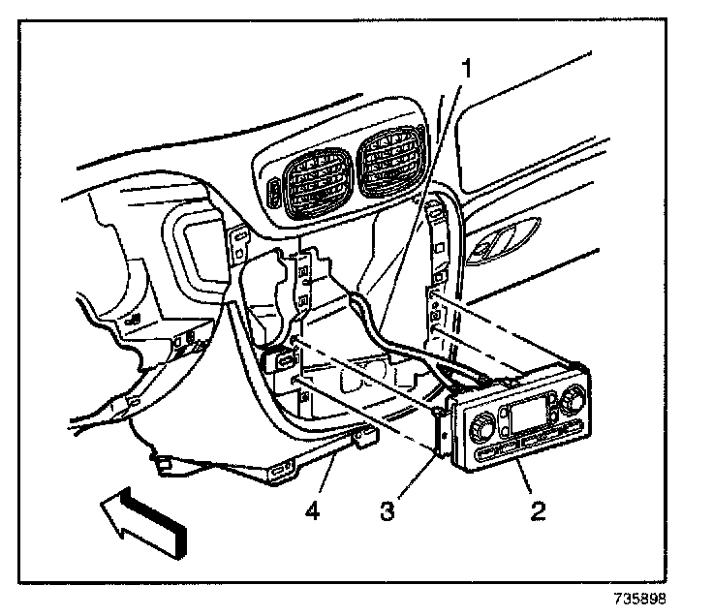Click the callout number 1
click(467, 68)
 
